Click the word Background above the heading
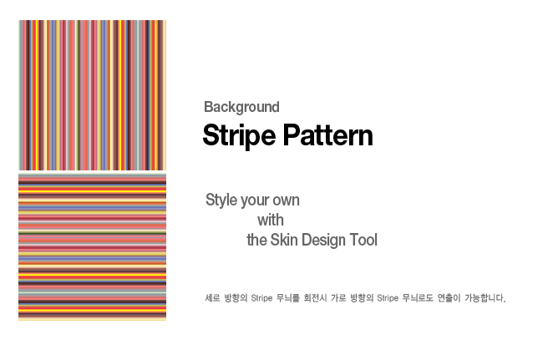[x=241, y=107]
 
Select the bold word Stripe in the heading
[x=239, y=135]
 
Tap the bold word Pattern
[x=328, y=135]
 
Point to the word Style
[x=221, y=200]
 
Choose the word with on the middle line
[x=271, y=221]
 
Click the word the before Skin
[x=256, y=240]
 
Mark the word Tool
[x=363, y=240]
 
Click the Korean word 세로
[x=212, y=298]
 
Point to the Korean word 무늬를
[x=287, y=298]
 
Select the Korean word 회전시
[x=315, y=298]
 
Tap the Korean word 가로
[x=338, y=298]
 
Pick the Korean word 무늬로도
[x=418, y=298]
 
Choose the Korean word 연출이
[x=449, y=298]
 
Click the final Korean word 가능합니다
[x=485, y=298]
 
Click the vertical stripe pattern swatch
[x=93, y=95]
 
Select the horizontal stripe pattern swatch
[x=93, y=247]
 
